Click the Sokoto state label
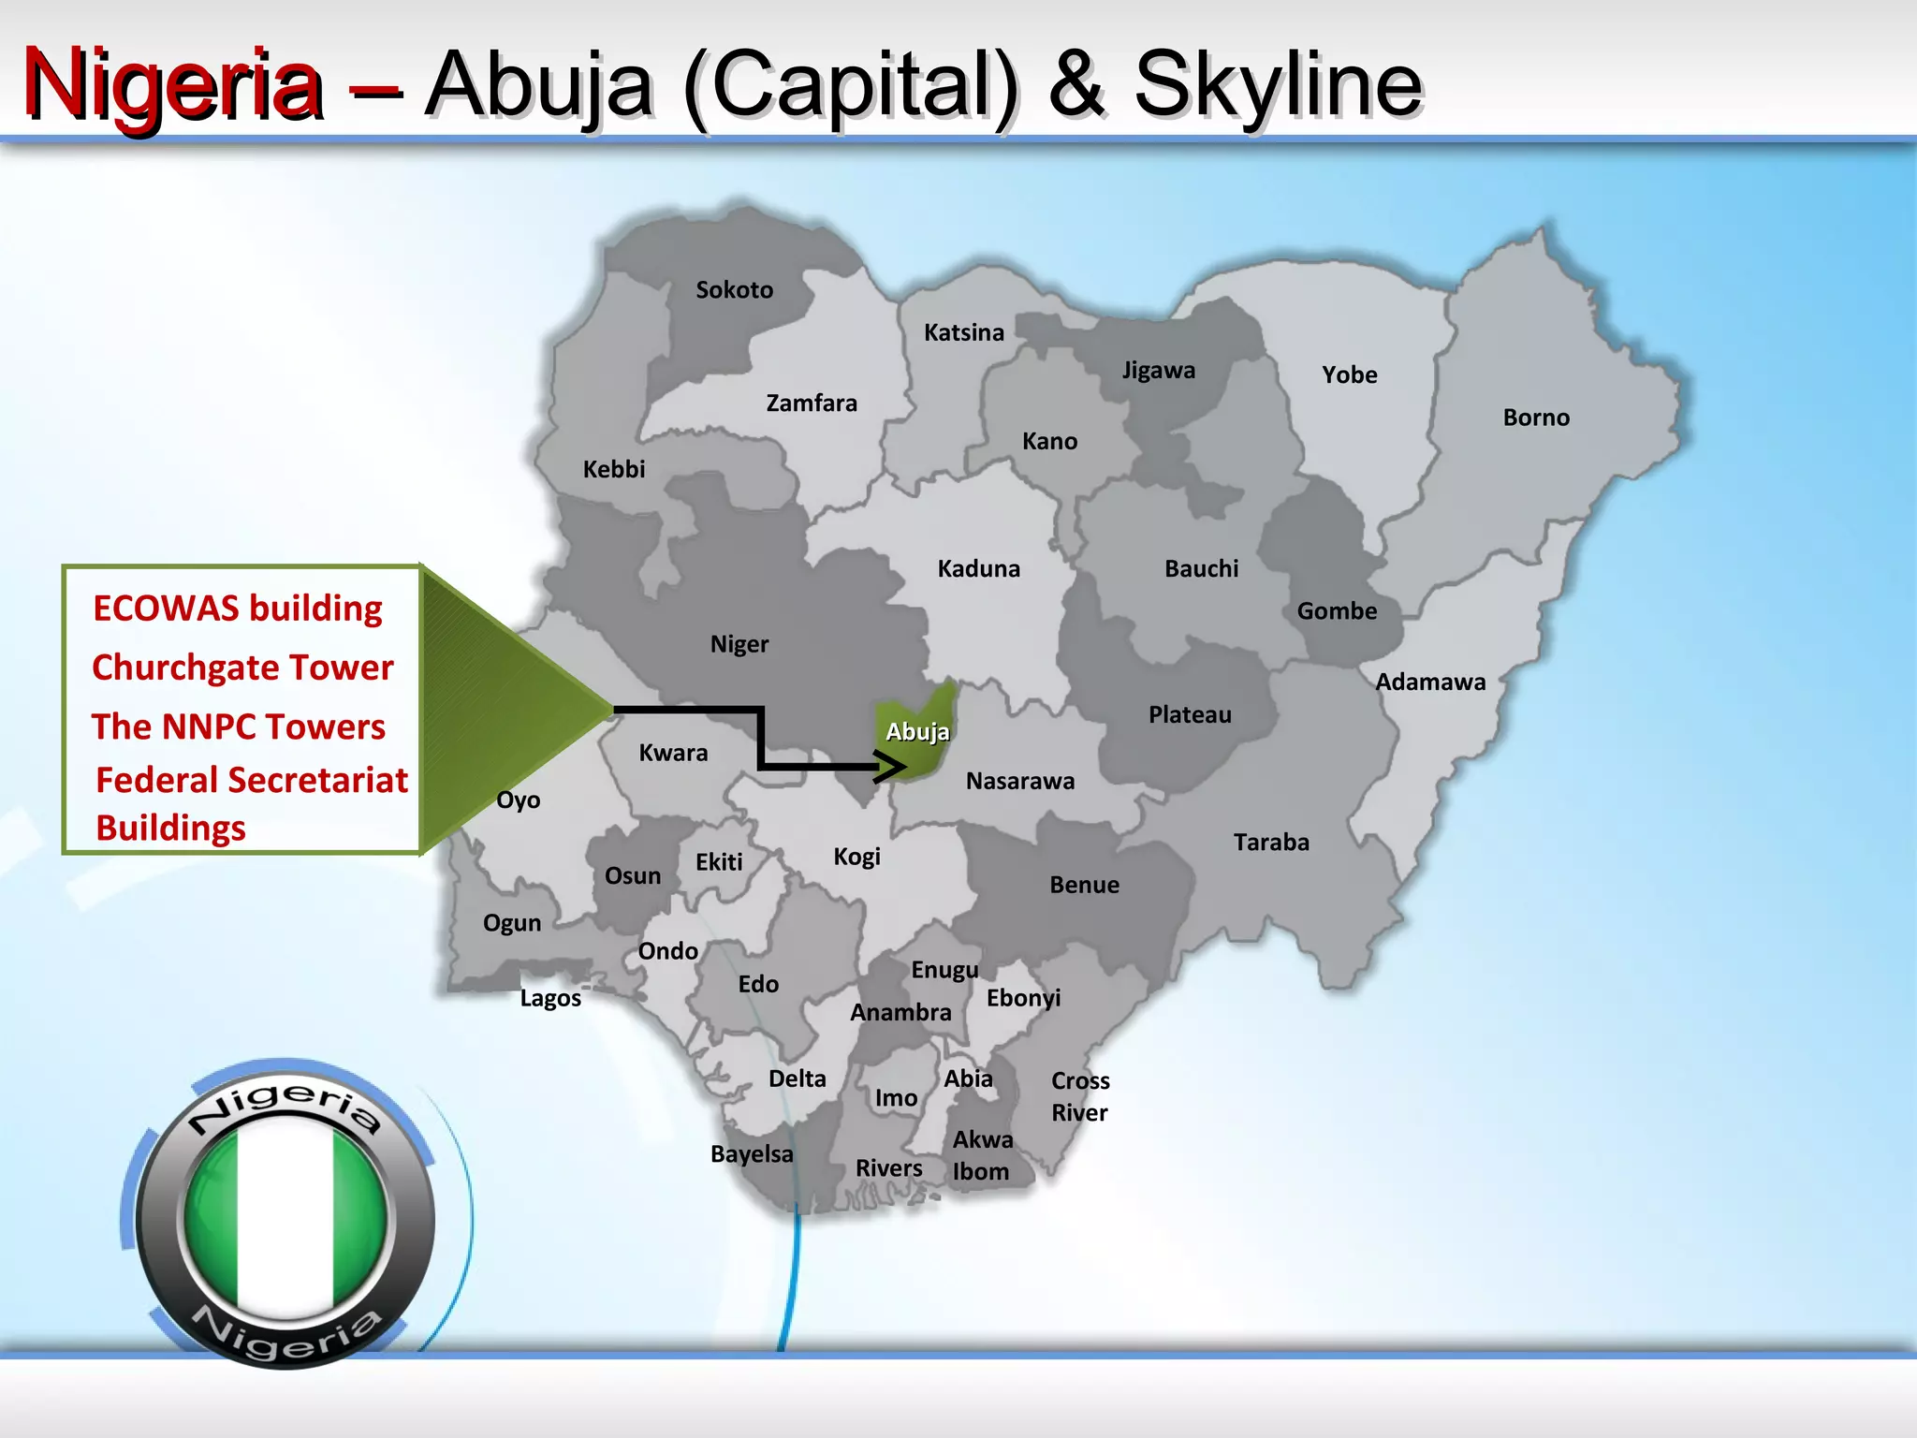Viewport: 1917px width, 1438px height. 734,290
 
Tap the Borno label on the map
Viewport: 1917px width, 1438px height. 1536,418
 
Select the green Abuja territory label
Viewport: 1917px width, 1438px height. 917,732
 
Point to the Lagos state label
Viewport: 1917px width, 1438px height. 550,998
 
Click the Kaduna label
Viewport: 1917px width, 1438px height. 978,569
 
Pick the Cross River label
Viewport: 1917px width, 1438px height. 1080,1096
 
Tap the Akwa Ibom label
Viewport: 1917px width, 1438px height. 982,1155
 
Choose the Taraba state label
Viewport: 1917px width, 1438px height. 1271,843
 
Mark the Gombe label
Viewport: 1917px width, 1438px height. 1337,611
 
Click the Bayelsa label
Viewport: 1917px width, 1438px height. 752,1154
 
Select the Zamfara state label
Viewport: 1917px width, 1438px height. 812,404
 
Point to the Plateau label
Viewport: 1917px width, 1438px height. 1190,715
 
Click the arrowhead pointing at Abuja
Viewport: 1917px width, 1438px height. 892,768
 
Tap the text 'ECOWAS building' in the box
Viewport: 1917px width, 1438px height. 238,609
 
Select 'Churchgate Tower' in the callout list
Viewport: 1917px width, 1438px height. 242,668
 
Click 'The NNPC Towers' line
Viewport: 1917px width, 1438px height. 239,727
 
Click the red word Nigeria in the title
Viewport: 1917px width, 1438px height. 173,86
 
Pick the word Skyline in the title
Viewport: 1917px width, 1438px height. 1278,86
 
